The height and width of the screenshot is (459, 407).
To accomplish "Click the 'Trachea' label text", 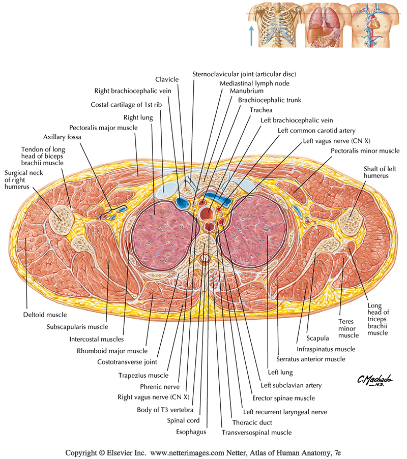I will click(x=261, y=110).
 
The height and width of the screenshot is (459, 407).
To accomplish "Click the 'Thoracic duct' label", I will click(x=252, y=422).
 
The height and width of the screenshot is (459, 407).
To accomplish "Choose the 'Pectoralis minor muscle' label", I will click(x=365, y=151).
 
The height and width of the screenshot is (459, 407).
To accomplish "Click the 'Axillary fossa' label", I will click(x=63, y=137).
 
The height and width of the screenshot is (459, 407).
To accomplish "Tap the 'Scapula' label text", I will click(x=317, y=337).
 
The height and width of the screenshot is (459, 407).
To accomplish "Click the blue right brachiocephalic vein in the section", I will click(x=181, y=203).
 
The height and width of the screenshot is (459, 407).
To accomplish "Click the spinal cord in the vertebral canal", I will click(x=205, y=259).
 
